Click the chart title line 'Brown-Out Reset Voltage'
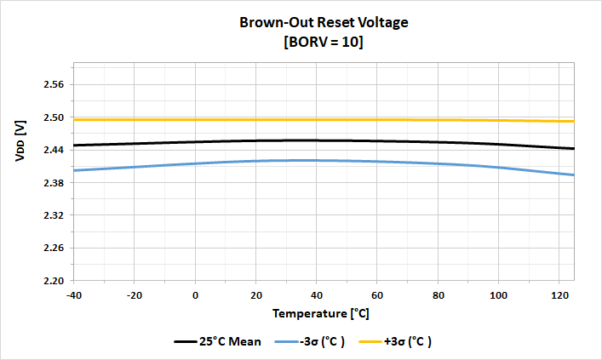point(323,23)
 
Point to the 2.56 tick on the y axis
point(54,85)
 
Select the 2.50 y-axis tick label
point(54,117)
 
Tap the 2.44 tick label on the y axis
point(54,150)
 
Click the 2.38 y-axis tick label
point(54,183)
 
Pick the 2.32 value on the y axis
point(54,215)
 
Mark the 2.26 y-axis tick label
point(54,248)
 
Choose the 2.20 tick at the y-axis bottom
point(54,281)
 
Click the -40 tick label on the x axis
point(74,294)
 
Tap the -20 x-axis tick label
point(135,294)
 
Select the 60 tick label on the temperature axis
point(377,294)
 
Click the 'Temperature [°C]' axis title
point(321,313)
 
